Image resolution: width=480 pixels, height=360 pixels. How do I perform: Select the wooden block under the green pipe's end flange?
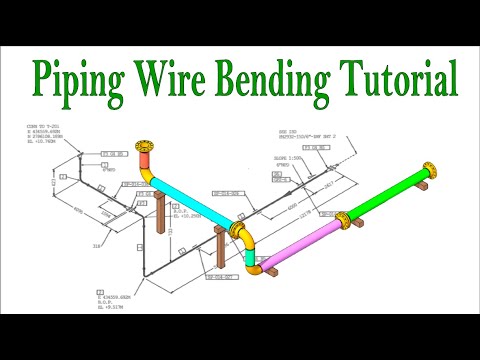click(x=426, y=183)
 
